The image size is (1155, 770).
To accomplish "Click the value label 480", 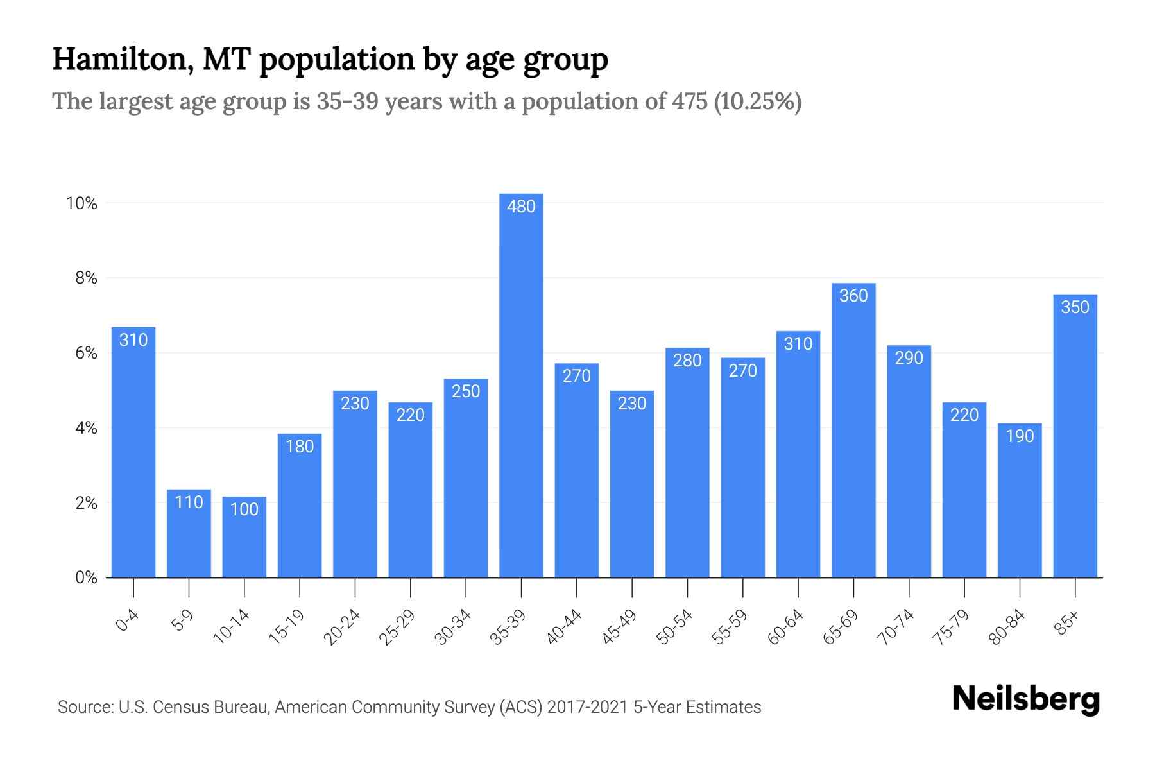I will (x=521, y=207).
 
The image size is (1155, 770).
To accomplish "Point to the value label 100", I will (x=244, y=509).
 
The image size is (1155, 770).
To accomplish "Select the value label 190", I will (x=1020, y=436).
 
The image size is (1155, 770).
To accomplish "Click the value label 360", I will (x=853, y=296).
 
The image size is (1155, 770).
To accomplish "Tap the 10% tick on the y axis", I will (x=81, y=204).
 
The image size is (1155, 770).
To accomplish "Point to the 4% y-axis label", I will (x=86, y=428).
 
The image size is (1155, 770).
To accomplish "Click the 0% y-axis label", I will (x=86, y=577).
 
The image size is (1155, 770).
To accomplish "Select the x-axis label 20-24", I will (x=342, y=627).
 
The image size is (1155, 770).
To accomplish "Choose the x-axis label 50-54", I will (x=674, y=627).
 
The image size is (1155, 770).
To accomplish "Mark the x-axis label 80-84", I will (x=1007, y=627).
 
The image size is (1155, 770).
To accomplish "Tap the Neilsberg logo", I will (x=1025, y=699).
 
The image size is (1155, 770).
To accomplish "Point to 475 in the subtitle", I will (x=690, y=101).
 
